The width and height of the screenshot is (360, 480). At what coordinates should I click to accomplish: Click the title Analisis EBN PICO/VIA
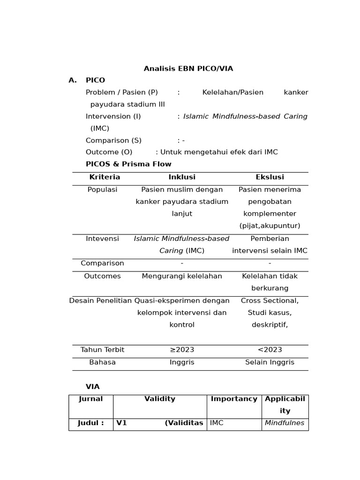188,69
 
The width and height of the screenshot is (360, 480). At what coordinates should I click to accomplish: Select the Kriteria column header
105,177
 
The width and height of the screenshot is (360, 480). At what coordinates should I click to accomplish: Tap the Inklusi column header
182,177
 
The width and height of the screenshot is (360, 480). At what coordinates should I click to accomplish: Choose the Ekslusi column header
270,177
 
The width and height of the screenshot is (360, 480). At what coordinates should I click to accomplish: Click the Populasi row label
102,190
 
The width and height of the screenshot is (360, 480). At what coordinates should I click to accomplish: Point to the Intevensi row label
102,239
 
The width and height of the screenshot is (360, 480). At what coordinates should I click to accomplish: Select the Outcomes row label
102,276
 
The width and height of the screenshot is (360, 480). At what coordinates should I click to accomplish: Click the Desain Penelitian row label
100,301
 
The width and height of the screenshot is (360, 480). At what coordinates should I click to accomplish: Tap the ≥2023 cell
182,350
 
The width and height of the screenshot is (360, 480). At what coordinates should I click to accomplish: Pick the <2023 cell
270,350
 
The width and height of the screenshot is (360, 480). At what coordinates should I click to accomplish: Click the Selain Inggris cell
270,362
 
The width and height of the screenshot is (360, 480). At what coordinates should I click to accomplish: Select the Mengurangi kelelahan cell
182,276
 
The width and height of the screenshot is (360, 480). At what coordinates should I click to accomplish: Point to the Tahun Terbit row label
102,350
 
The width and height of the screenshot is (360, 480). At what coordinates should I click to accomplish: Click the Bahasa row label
102,362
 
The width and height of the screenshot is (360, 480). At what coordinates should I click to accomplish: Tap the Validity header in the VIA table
160,399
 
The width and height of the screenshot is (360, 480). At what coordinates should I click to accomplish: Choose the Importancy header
234,399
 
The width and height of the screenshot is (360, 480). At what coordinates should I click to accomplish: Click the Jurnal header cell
90,399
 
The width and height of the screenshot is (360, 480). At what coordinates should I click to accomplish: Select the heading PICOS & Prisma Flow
128,165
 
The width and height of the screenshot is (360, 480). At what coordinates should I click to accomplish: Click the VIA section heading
92,387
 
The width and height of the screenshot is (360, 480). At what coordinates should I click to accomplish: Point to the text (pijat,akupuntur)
270,226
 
